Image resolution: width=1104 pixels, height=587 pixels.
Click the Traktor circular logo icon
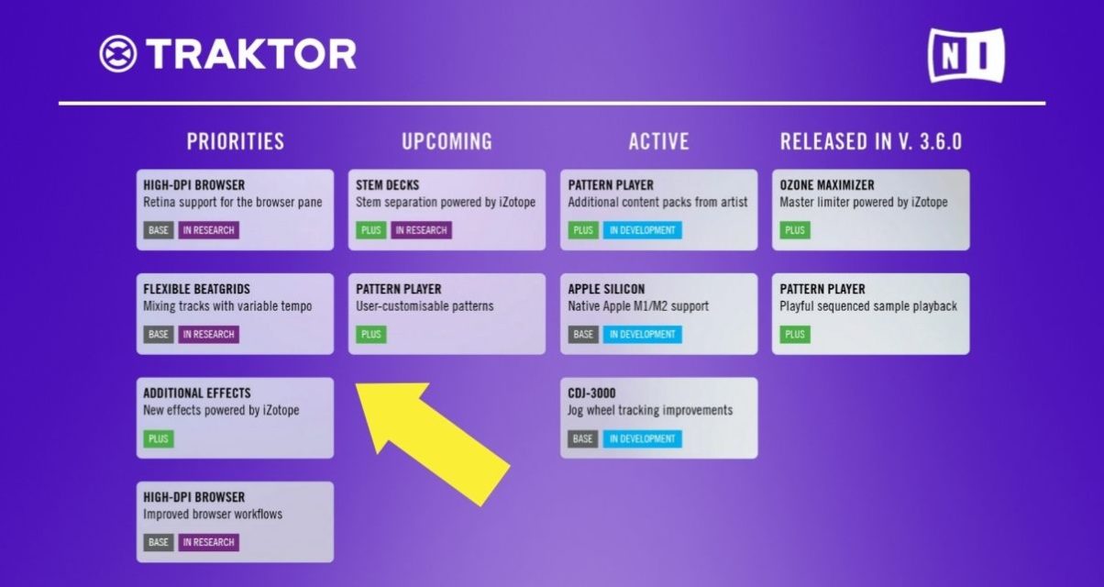coord(118,54)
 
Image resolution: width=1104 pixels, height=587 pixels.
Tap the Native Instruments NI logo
coord(966,55)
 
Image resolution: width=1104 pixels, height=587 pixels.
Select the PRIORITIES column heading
coord(236,141)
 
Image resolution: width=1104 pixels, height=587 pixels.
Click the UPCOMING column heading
coord(447,141)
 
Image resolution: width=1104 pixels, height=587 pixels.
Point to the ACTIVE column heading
coord(658,141)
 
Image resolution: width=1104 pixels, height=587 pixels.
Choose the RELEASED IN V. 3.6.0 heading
coord(870,141)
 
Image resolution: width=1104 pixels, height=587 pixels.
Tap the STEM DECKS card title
coord(388,185)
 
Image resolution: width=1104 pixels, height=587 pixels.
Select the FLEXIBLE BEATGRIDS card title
coord(196,289)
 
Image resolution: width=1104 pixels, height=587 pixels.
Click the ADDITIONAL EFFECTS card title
coord(196,393)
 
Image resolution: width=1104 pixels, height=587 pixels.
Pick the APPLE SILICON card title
coord(605,289)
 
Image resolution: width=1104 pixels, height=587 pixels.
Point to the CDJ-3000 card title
coord(591,393)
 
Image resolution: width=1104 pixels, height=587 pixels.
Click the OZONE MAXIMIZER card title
coord(826,185)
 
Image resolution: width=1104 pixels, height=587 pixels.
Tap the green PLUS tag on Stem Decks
coord(370,230)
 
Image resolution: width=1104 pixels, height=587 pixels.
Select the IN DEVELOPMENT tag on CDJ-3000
coord(642,438)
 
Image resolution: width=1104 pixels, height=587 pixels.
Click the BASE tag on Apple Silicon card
coord(582,335)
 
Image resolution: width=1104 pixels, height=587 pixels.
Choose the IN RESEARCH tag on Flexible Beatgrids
coord(208,335)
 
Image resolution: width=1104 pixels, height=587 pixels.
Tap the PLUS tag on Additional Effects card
coord(159,438)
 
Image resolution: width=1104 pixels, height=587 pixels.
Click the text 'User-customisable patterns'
coord(425,306)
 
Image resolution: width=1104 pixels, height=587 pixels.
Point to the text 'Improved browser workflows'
coord(213,515)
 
